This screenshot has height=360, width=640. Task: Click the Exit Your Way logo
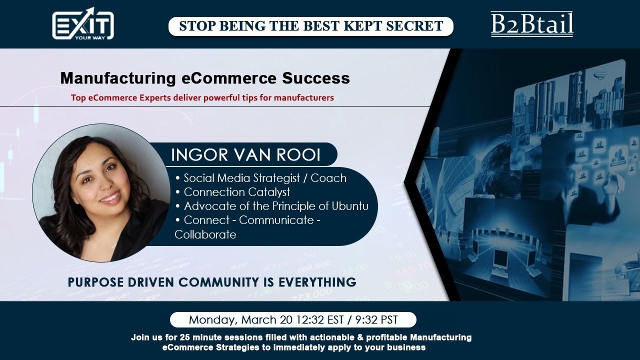coord(83,23)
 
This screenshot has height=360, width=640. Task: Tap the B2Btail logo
coord(532,24)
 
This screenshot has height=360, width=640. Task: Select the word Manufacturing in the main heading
coord(118,78)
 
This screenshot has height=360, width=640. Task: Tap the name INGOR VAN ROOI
coord(245,155)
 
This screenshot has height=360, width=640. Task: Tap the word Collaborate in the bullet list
coord(205,234)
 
